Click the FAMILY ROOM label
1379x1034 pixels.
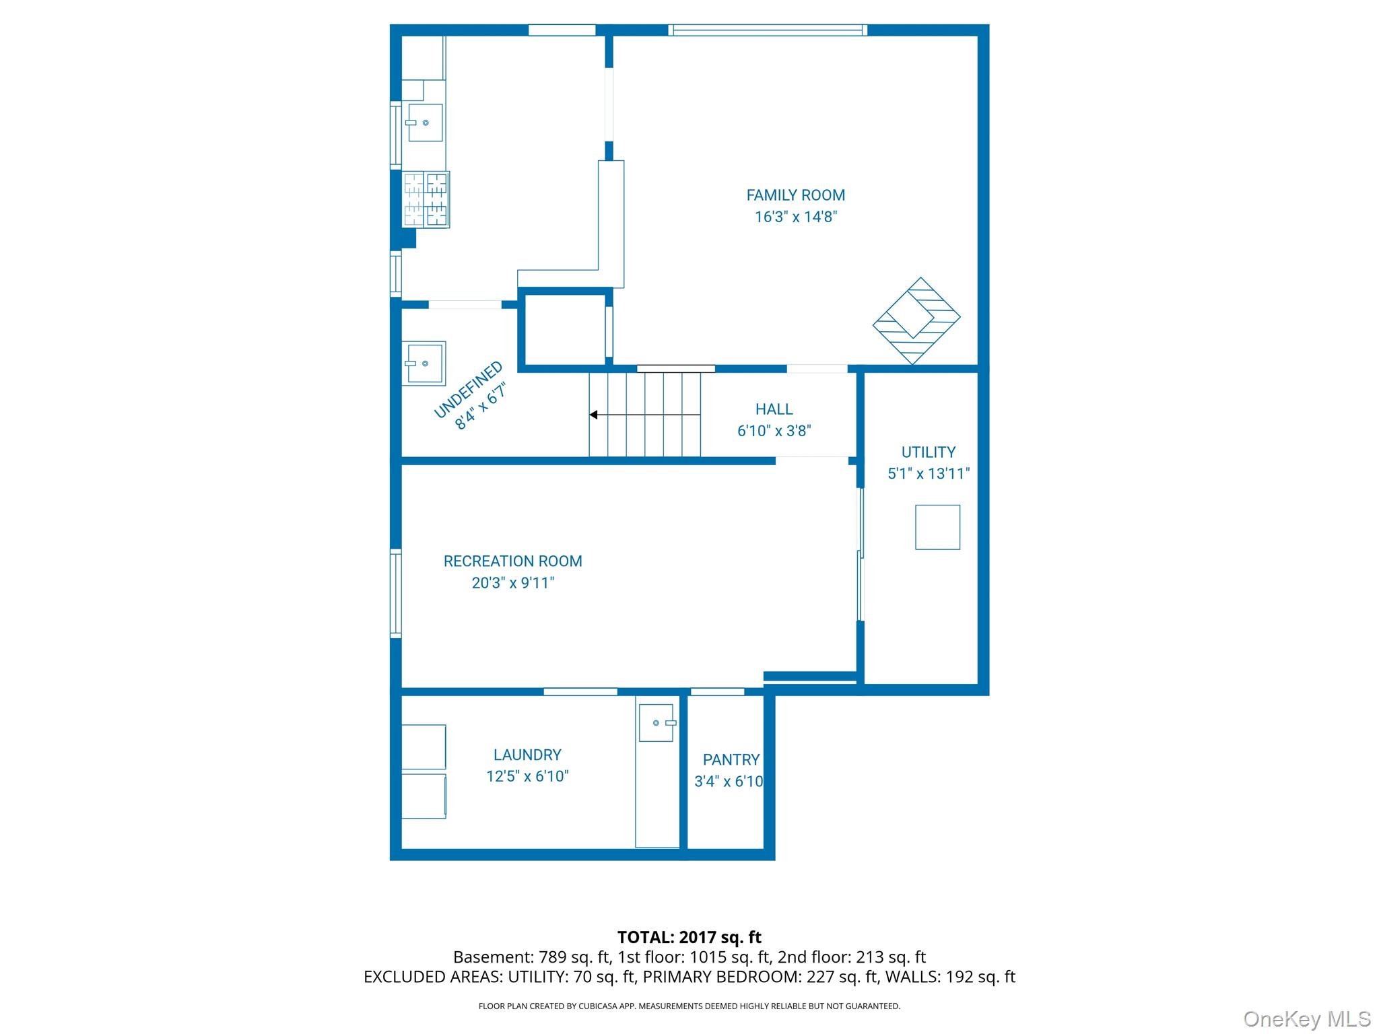tap(795, 195)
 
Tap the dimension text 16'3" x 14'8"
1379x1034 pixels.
tap(795, 217)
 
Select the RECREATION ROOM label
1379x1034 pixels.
tap(512, 561)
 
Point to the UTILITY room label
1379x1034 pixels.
tap(928, 452)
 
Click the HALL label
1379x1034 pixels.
tap(774, 409)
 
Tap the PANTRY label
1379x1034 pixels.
tap(731, 759)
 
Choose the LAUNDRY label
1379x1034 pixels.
tap(527, 755)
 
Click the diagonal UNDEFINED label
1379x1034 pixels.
tap(468, 390)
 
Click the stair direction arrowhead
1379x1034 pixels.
tap(594, 415)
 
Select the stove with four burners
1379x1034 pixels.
tap(426, 199)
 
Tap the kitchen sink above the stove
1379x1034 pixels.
tap(425, 123)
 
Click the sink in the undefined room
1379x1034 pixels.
tap(424, 364)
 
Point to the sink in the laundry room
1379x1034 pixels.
tap(657, 723)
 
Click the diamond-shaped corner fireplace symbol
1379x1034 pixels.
tap(916, 320)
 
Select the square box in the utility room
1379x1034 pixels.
tap(937, 527)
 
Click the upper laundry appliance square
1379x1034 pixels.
tap(424, 747)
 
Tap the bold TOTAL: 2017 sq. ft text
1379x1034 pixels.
tap(689, 937)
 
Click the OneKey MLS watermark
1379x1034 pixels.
tap(1306, 1019)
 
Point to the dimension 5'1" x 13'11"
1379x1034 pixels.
tap(928, 473)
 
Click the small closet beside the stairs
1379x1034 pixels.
tap(564, 330)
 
